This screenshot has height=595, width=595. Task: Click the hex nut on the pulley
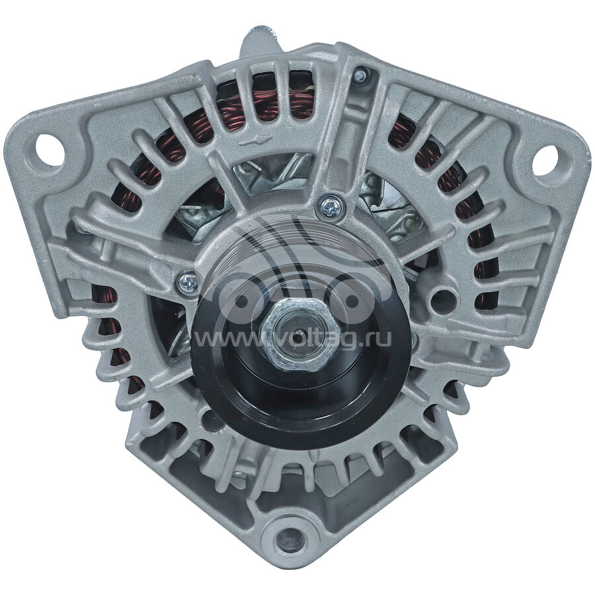[x=296, y=330]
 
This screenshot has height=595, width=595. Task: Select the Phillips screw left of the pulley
[x=188, y=281]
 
